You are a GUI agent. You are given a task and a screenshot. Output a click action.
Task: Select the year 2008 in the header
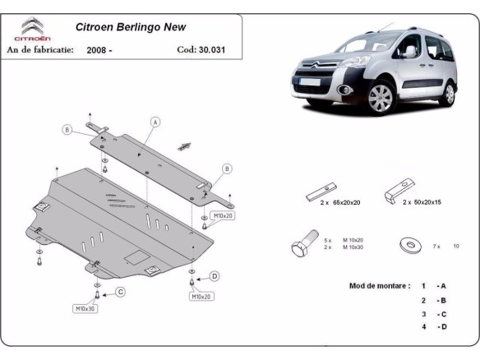click(x=101, y=49)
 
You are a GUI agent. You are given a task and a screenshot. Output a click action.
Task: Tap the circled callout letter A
click(x=155, y=122)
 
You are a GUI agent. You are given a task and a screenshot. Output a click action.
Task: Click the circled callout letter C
click(x=120, y=292)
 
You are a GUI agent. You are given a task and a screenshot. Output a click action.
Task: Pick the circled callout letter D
click(x=215, y=275)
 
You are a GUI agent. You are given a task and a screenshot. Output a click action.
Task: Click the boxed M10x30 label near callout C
click(x=86, y=308)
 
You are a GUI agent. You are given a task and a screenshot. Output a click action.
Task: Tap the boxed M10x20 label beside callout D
click(x=202, y=296)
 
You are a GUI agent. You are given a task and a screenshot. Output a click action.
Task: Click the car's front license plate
click(x=309, y=82)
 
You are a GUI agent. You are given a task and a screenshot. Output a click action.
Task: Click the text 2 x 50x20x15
click(x=421, y=202)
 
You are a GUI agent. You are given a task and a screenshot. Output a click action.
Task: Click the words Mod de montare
click(x=379, y=286)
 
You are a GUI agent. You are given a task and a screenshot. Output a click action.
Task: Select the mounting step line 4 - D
click(x=434, y=328)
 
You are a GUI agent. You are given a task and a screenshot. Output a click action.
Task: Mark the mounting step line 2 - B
click(x=434, y=300)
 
